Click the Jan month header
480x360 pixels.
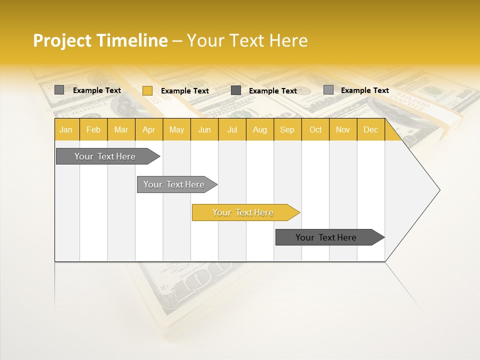[x=66, y=130]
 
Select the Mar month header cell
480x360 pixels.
[x=121, y=130]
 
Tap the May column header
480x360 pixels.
[x=176, y=130]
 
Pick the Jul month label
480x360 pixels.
[x=232, y=130]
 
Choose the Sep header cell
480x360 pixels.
[x=287, y=130]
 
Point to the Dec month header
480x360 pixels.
[x=370, y=130]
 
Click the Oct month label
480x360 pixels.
[x=315, y=130]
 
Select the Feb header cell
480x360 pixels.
[x=93, y=130]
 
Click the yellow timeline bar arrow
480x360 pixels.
[x=245, y=212]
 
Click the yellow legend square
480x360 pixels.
[x=147, y=90]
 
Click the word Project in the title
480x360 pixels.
[x=62, y=40]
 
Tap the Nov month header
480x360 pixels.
[x=343, y=130]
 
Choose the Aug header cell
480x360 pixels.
[x=259, y=130]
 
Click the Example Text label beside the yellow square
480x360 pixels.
[x=184, y=91]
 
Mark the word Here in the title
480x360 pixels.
[x=288, y=40]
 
